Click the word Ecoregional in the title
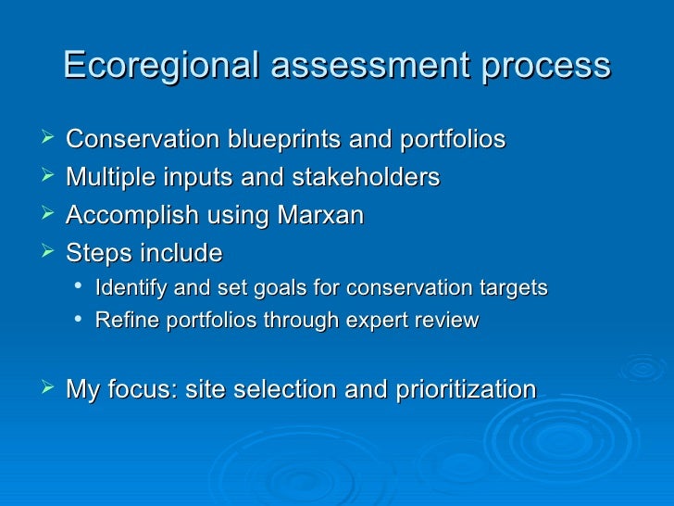(x=147, y=66)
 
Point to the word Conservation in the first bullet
(x=140, y=140)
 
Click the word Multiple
(x=104, y=178)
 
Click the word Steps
(x=95, y=253)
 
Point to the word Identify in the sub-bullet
(x=128, y=287)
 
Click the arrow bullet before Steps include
(x=49, y=253)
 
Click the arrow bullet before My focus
(x=49, y=389)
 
